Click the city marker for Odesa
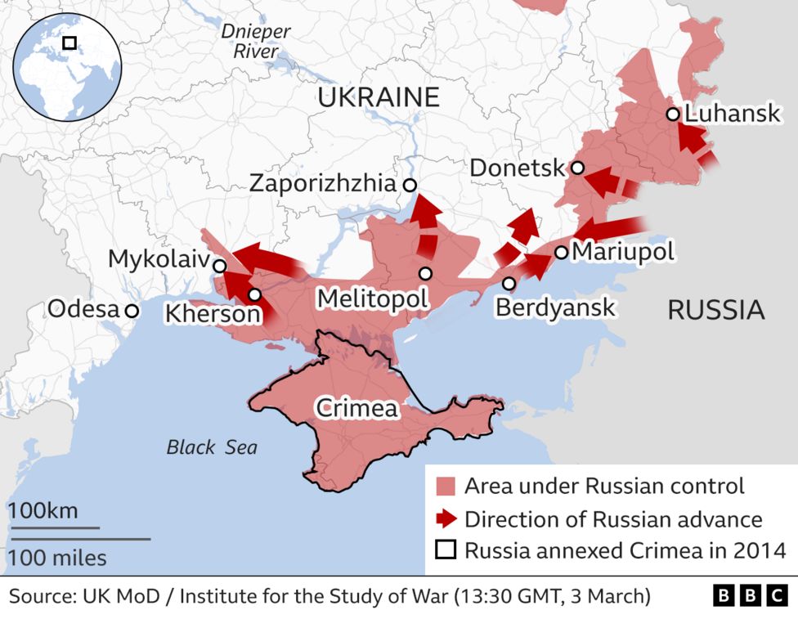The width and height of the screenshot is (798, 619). (x=132, y=311)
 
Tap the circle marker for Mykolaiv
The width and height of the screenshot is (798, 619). (x=219, y=266)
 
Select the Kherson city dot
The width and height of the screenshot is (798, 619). (x=255, y=294)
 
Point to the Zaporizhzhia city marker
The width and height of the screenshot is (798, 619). (x=409, y=185)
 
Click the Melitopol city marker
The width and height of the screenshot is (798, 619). (x=425, y=273)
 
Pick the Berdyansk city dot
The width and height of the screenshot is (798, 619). (x=509, y=284)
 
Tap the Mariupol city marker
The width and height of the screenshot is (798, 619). (x=562, y=252)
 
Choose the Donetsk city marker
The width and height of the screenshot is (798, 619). (x=577, y=168)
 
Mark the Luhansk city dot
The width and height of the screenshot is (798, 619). (x=673, y=114)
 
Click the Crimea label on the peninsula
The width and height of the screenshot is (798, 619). (x=356, y=408)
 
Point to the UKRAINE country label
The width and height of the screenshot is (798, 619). (x=378, y=97)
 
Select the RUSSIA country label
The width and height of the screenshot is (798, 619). (x=715, y=310)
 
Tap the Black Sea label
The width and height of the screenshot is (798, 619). (x=212, y=447)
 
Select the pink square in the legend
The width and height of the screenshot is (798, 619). (x=445, y=487)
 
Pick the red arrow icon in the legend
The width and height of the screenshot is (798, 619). (x=445, y=518)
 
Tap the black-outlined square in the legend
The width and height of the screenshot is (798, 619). (x=445, y=549)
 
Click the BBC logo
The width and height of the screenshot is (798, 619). (x=750, y=596)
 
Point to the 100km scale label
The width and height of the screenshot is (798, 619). (x=43, y=511)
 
